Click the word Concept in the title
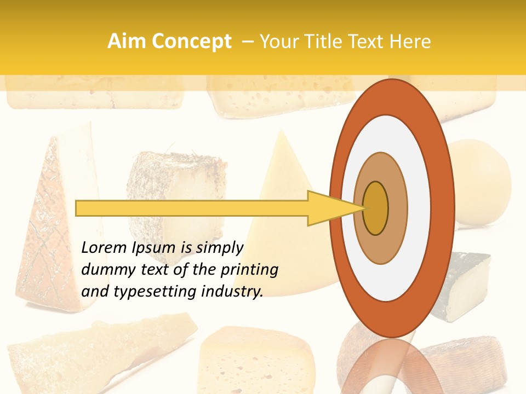tap(192, 42)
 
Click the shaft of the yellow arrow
tap(192, 208)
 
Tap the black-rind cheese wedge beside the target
tap(466, 285)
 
